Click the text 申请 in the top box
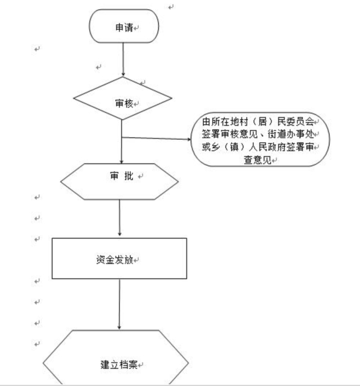tap(124, 28)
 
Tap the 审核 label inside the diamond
tap(124, 103)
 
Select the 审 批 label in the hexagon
tap(121, 176)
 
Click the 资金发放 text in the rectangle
tap(115, 260)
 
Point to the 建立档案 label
tap(119, 365)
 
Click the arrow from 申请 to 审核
tap(124, 60)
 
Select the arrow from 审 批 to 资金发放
tap(120, 217)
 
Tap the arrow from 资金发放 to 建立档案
tap(119, 305)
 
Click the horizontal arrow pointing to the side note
tap(156, 138)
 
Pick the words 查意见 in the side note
tap(257, 160)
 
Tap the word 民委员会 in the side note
tap(295, 121)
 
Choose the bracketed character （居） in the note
tap(262, 121)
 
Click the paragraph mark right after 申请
tap(136, 28)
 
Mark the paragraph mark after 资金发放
tap(136, 260)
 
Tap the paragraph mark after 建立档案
tap(140, 365)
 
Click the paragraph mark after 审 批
tap(140, 176)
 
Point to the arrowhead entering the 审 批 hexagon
tap(121, 162)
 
